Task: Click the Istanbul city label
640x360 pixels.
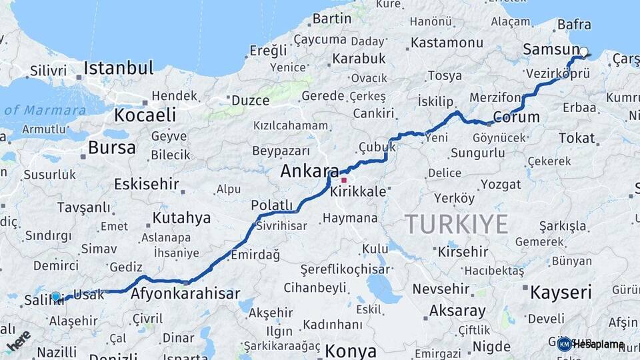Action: click(x=119, y=68)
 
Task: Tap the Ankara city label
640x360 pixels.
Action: click(x=309, y=171)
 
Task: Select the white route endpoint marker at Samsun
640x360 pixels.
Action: click(x=584, y=51)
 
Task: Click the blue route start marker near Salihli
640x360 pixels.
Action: click(x=55, y=297)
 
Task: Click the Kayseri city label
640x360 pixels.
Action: click(x=561, y=291)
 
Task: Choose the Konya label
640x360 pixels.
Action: click(x=351, y=351)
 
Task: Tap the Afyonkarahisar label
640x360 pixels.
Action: click(x=185, y=293)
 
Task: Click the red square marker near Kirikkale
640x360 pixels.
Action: click(x=344, y=180)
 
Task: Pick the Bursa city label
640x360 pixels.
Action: click(x=111, y=147)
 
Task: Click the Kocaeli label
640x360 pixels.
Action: click(x=145, y=115)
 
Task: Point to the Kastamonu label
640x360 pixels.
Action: click(x=447, y=42)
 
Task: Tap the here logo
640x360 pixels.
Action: click(x=18, y=340)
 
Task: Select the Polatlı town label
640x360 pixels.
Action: click(x=272, y=205)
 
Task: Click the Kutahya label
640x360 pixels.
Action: click(x=181, y=217)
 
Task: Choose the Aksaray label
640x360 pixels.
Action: click(x=457, y=311)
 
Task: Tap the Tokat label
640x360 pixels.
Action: click(x=576, y=138)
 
